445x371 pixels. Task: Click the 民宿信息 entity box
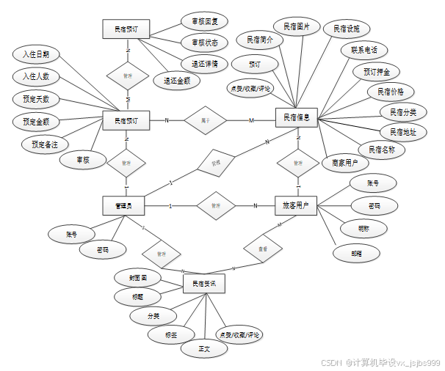296,117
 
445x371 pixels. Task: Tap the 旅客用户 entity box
296,206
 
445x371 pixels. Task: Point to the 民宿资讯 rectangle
203,283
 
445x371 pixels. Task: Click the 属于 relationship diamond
205,120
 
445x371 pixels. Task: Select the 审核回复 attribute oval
204,21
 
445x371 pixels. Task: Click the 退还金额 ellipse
176,81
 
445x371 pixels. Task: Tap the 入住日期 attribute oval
36,54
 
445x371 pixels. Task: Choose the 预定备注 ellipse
43,144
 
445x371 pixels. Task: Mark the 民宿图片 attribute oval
297,27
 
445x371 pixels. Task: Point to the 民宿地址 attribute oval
402,132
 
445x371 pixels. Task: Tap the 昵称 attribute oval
364,229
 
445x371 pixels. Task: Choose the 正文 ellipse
203,349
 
